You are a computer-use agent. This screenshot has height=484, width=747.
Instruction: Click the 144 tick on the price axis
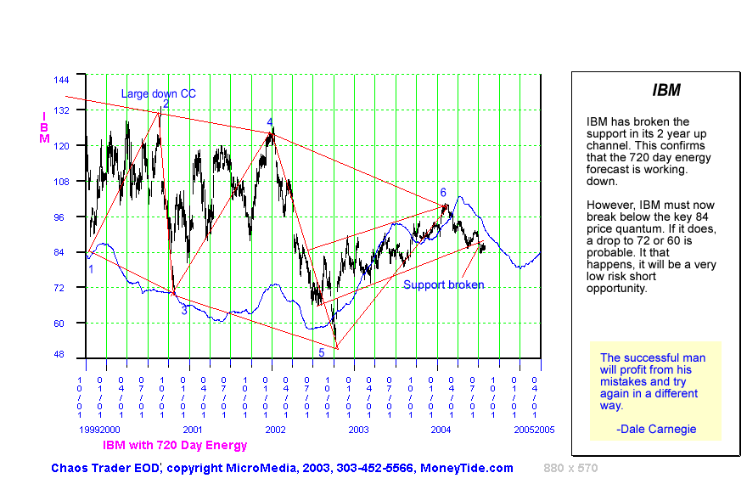click(x=61, y=80)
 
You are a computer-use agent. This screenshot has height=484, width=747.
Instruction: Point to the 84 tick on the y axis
click(x=64, y=252)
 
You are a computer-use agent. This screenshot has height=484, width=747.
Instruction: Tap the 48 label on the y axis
click(x=64, y=355)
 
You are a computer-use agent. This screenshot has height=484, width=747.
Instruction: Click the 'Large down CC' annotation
click(x=158, y=93)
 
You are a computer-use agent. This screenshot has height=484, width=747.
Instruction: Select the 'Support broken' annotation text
click(x=443, y=284)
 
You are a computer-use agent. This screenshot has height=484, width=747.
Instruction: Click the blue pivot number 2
click(x=166, y=104)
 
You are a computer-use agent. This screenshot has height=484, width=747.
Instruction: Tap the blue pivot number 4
click(x=270, y=122)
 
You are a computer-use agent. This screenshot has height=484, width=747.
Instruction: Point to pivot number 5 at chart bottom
click(x=322, y=352)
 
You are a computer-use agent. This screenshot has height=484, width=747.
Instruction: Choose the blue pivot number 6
click(x=443, y=193)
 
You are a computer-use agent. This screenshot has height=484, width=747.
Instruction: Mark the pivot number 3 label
click(x=183, y=311)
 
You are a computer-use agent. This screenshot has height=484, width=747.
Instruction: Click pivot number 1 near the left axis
click(x=91, y=269)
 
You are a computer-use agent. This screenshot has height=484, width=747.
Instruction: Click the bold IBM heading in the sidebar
click(x=666, y=90)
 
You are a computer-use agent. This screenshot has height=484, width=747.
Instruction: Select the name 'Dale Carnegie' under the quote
click(x=660, y=429)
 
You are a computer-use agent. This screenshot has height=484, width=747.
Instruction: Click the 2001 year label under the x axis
click(x=193, y=431)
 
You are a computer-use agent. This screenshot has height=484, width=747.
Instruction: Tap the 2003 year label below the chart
click(x=358, y=431)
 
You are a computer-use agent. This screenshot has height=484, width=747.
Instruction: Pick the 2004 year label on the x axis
click(x=441, y=431)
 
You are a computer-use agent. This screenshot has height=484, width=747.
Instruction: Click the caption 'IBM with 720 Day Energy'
click(x=175, y=445)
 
